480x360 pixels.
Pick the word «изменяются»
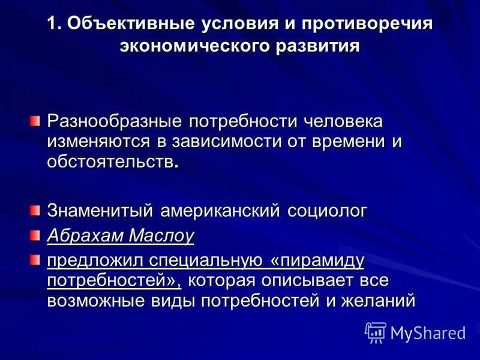[x=96, y=142]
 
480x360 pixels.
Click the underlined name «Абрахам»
[x=83, y=236]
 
